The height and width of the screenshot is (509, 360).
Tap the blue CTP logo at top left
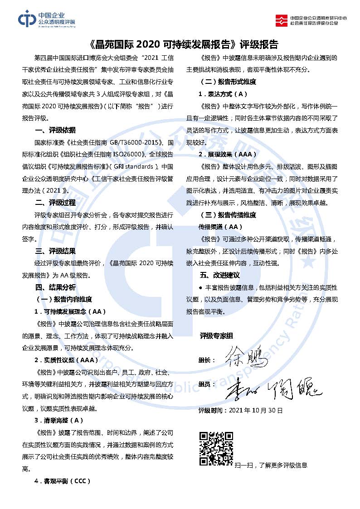[x=46, y=20]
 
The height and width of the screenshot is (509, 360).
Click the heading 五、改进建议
[x=220, y=276]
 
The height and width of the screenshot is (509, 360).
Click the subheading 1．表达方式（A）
[x=223, y=94]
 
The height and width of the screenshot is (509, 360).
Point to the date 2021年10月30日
[x=256, y=411]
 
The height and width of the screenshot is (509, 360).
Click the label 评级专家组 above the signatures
[x=216, y=336]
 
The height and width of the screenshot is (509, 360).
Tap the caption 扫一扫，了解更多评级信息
[x=271, y=465]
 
